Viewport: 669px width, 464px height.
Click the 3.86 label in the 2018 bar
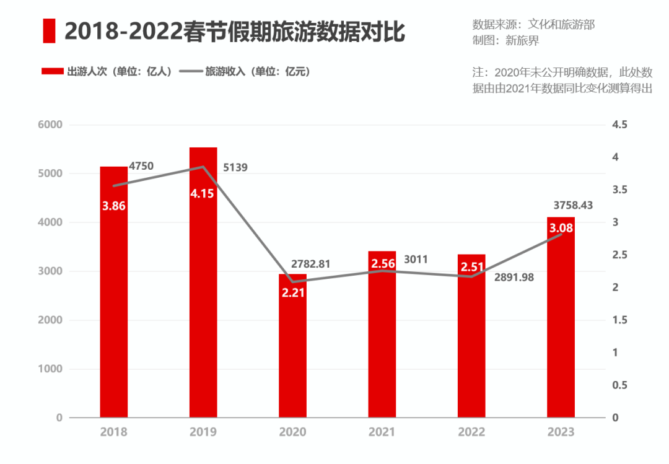pyautogui.click(x=114, y=206)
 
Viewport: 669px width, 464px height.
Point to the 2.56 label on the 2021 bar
pyautogui.click(x=382, y=265)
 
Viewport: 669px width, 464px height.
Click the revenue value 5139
pyautogui.click(x=235, y=167)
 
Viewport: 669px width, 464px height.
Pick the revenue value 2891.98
pyautogui.click(x=514, y=278)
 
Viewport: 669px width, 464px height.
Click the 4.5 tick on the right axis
pyautogui.click(x=619, y=125)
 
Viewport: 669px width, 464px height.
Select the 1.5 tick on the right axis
pyautogui.click(x=619, y=320)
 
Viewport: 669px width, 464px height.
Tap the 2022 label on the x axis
pyautogui.click(x=471, y=432)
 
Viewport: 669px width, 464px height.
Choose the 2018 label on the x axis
pyautogui.click(x=113, y=432)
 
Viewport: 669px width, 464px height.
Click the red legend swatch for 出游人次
pyautogui.click(x=53, y=71)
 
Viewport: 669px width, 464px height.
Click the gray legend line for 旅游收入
pyautogui.click(x=190, y=71)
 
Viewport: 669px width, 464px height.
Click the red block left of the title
pyautogui.click(x=49, y=31)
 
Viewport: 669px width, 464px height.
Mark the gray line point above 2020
pyautogui.click(x=292, y=282)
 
